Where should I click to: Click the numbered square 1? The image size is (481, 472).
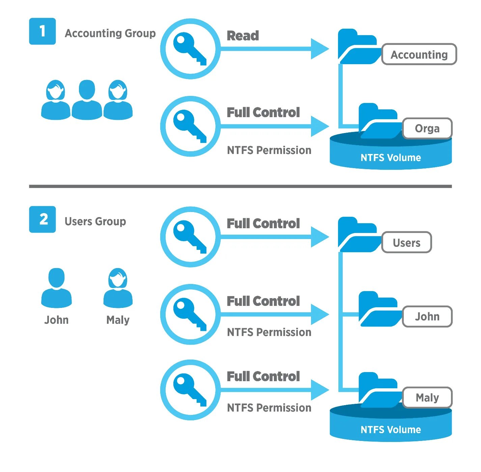(x=42, y=31)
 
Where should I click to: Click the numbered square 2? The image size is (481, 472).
(x=42, y=219)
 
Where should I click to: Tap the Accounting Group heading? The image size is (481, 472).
(x=110, y=33)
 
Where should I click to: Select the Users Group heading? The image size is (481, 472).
(x=95, y=221)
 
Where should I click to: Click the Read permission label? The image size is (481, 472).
(x=243, y=36)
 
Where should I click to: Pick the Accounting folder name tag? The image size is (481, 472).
(x=419, y=54)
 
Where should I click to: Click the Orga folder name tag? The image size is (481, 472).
(x=427, y=129)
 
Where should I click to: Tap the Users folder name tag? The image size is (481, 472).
(x=406, y=242)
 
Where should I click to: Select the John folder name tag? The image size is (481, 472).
(x=427, y=317)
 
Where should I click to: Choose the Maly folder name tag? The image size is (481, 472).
(x=427, y=398)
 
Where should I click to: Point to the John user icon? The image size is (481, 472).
(x=56, y=288)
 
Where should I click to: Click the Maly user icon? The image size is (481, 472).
(x=118, y=288)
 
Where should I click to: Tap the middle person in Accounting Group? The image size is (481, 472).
(x=87, y=100)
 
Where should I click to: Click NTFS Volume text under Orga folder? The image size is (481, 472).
(x=391, y=158)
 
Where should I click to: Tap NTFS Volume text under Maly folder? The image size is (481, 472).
(x=391, y=430)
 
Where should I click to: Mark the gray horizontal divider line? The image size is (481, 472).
(x=240, y=186)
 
